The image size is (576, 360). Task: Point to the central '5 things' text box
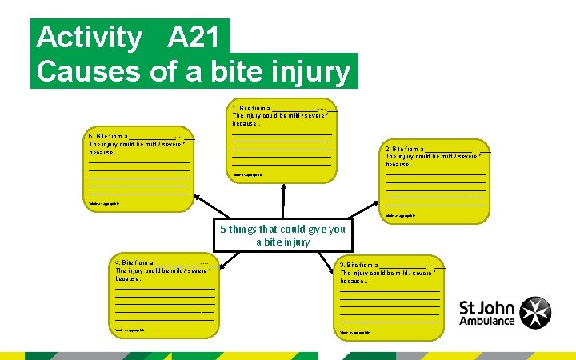click(x=282, y=234)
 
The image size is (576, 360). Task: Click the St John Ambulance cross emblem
click(x=535, y=313)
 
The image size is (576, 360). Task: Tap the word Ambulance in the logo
click(x=487, y=320)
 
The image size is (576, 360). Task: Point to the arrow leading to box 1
click(x=282, y=200)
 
